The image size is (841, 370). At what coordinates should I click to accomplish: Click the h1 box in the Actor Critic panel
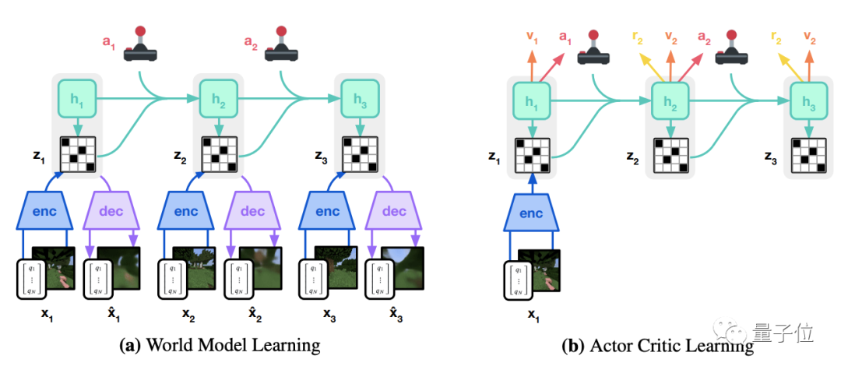tap(531, 98)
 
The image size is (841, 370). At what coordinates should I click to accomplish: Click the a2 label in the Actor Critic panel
tap(704, 35)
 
